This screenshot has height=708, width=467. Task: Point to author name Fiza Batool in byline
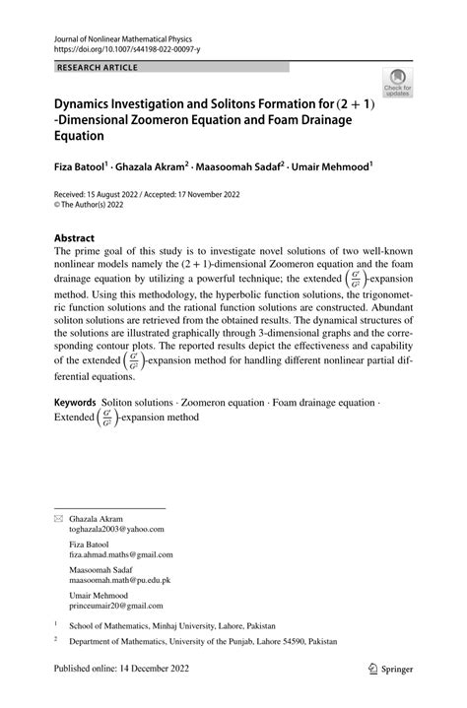pyautogui.click(x=78, y=168)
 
